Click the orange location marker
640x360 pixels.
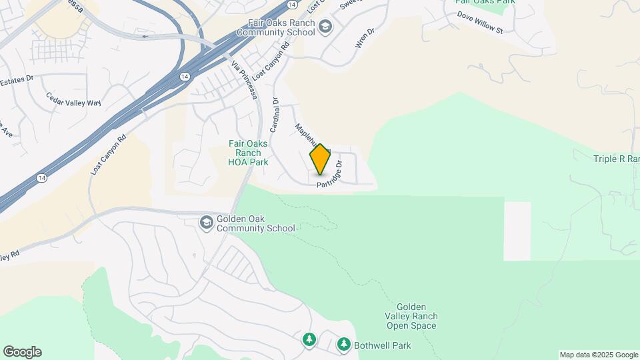(x=320, y=159)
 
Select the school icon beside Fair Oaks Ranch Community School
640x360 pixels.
(x=325, y=27)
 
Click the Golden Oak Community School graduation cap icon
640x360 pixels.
(x=207, y=222)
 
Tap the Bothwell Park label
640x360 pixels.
(x=382, y=345)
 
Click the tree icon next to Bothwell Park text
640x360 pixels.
(x=343, y=345)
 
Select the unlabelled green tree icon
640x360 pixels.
(x=309, y=340)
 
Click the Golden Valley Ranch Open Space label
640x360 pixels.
(x=411, y=315)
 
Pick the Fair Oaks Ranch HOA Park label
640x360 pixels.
(x=248, y=153)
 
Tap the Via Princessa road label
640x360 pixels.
(x=245, y=80)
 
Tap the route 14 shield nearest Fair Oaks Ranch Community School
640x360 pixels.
(x=292, y=5)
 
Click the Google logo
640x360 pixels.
(x=22, y=352)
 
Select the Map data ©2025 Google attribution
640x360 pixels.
(x=599, y=355)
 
